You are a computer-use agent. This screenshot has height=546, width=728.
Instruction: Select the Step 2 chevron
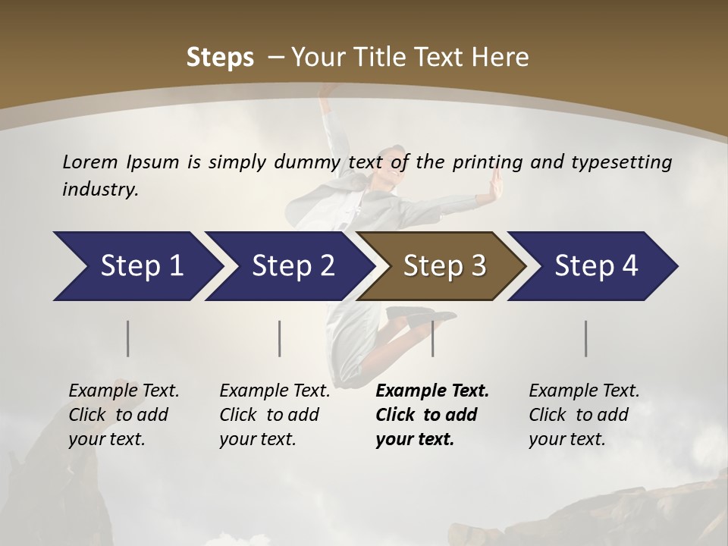point(288,266)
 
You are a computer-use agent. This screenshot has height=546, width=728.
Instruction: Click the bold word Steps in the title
point(220,58)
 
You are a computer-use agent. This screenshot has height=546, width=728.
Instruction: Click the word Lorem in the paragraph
point(90,162)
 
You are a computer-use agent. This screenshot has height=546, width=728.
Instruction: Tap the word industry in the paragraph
point(100,189)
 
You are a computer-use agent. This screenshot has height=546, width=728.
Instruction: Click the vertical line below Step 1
point(128,338)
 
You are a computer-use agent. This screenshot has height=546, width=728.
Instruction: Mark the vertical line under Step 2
point(280,338)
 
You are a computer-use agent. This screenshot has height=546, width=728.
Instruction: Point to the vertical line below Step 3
point(432,338)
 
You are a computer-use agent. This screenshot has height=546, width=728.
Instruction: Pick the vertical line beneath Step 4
point(586,338)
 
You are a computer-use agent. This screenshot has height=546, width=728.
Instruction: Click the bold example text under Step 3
point(431,415)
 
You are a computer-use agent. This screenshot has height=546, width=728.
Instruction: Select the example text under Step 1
point(123,415)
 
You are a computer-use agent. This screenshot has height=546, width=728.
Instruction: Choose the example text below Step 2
point(274,415)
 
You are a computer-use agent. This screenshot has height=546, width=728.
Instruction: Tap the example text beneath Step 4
point(583,415)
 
